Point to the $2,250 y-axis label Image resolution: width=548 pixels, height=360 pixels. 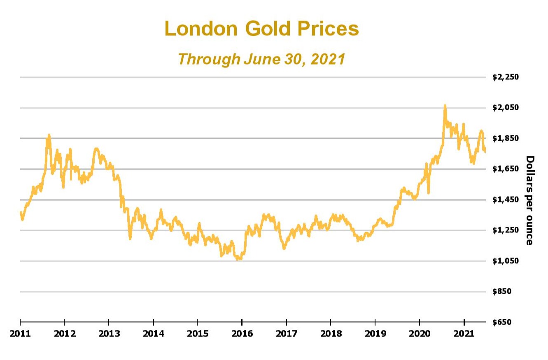pyautogui.click(x=506, y=77)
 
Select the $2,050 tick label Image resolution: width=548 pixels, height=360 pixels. pyautogui.click(x=506, y=108)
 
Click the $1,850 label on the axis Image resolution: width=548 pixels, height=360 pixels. pyautogui.click(x=506, y=138)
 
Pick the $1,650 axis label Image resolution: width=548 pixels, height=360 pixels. pyautogui.click(x=506, y=169)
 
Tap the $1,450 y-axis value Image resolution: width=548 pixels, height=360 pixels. pyautogui.click(x=506, y=200)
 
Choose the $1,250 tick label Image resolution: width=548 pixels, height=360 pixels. pyautogui.click(x=506, y=230)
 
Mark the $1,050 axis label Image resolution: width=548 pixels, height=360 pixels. pyautogui.click(x=506, y=261)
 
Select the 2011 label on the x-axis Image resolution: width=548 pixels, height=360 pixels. pyautogui.click(x=20, y=333)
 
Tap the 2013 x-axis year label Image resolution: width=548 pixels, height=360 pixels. pyautogui.click(x=109, y=333)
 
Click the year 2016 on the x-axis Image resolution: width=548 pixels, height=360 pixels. pyautogui.click(x=242, y=333)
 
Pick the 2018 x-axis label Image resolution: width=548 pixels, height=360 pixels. pyautogui.click(x=331, y=333)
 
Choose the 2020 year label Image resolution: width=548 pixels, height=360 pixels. pyautogui.click(x=420, y=333)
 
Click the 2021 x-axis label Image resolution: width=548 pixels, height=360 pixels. pyautogui.click(x=464, y=333)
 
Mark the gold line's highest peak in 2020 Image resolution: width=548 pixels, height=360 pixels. pyautogui.click(x=445, y=106)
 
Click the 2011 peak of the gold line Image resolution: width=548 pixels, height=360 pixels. pyautogui.click(x=49, y=135)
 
